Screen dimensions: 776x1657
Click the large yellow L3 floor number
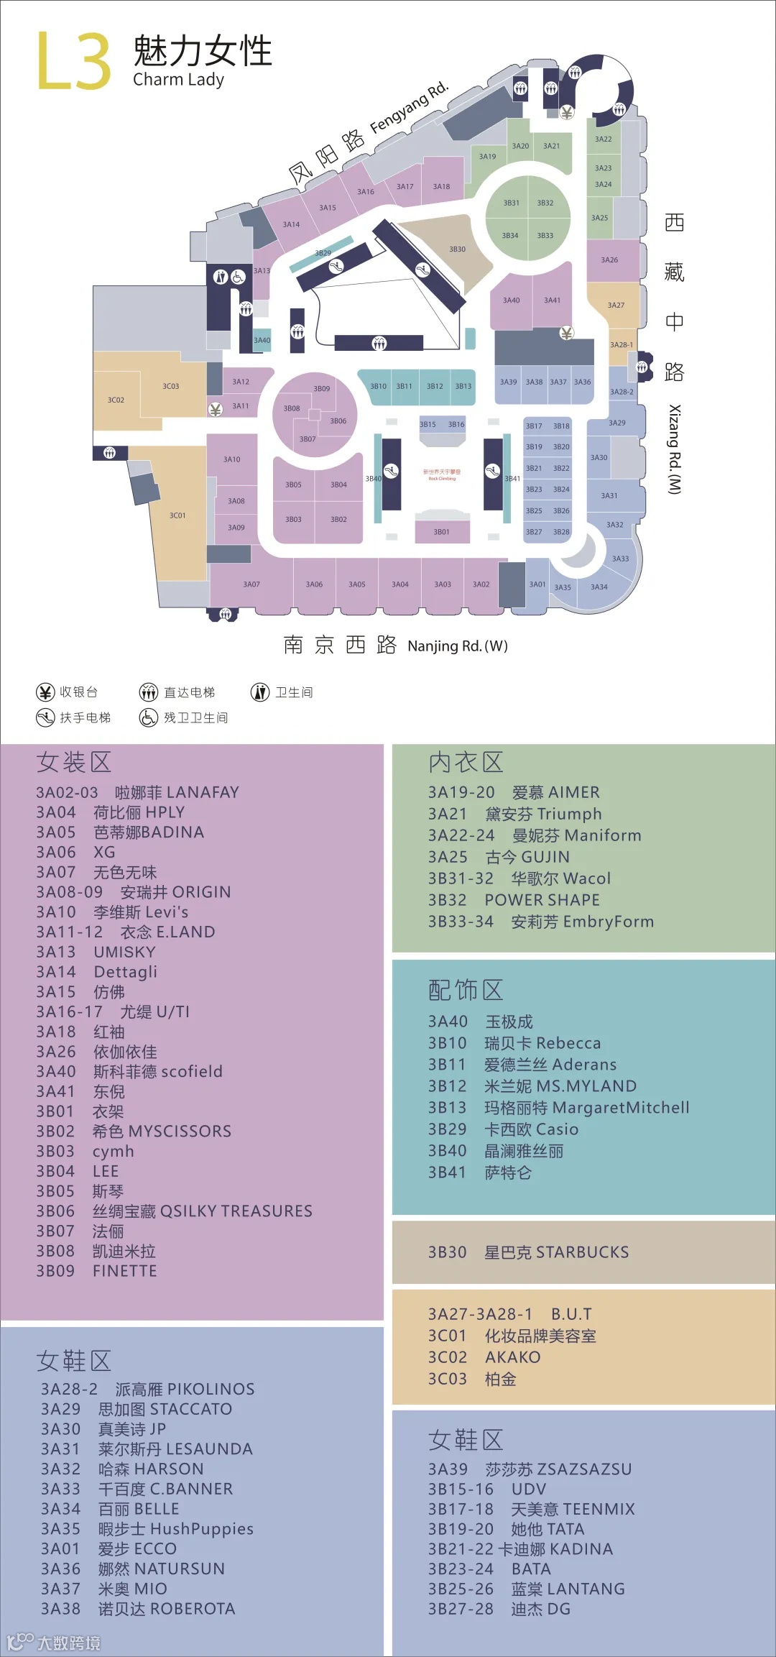pyautogui.click(x=74, y=61)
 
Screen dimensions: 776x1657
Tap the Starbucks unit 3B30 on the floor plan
pyautogui.click(x=457, y=249)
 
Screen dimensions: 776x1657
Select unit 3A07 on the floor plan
pyautogui.click(x=251, y=584)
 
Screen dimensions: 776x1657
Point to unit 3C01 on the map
pyautogui.click(x=177, y=515)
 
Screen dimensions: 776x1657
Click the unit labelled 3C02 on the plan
pyautogui.click(x=116, y=400)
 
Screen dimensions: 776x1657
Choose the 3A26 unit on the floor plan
pyautogui.click(x=609, y=260)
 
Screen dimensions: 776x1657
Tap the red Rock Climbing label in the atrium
pyautogui.click(x=442, y=475)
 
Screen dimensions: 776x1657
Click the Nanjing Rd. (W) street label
pyautogui.click(x=458, y=646)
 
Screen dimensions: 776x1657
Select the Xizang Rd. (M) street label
pyautogui.click(x=674, y=449)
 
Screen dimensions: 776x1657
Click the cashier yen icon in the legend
pyautogui.click(x=45, y=692)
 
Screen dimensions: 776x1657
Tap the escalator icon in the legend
pyautogui.click(x=45, y=717)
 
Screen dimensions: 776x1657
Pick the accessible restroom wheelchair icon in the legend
pyautogui.click(x=148, y=717)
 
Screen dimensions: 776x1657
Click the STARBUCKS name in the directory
pyautogui.click(x=556, y=1252)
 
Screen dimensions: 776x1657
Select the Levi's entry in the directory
pyautogui.click(x=141, y=912)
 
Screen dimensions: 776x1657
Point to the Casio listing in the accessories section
pyautogui.click(x=531, y=1129)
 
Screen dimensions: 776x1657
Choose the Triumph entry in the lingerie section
pyautogui.click(x=543, y=814)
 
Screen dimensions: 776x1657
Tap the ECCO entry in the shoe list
pyautogui.click(x=137, y=1548)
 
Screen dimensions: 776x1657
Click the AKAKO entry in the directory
pyautogui.click(x=512, y=1357)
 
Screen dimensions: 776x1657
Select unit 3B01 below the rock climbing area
pyautogui.click(x=441, y=532)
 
